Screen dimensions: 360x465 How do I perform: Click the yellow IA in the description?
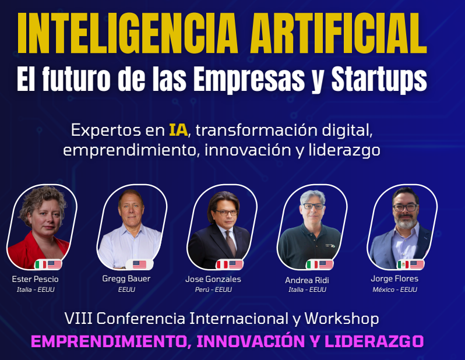178,129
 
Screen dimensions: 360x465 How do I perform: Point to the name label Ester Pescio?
35,280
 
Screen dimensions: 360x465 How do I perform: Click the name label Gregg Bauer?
126,278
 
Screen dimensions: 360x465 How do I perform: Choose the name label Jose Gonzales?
213,280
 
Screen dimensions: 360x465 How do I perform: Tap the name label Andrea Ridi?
307,280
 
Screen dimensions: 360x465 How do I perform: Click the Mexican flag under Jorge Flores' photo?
403,264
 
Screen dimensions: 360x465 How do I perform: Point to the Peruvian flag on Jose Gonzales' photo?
222,264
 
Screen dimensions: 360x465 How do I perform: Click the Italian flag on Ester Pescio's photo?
41,264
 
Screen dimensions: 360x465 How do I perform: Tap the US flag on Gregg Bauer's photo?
140,264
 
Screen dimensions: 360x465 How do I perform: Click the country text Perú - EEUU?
213,290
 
